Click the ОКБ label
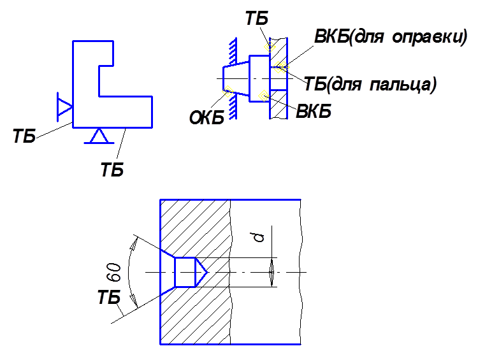(x=206, y=117)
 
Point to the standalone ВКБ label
(x=314, y=111)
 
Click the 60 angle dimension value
(x=115, y=273)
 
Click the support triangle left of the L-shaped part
(x=64, y=106)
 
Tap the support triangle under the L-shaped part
(x=99, y=136)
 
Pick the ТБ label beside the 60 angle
(x=109, y=297)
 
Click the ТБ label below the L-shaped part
(x=112, y=169)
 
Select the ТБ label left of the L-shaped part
(x=24, y=136)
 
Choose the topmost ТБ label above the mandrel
(x=257, y=18)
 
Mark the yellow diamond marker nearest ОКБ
(x=228, y=91)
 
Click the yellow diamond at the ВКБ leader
(x=264, y=96)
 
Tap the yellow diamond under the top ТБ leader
(x=270, y=47)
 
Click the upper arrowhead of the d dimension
(x=271, y=265)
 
